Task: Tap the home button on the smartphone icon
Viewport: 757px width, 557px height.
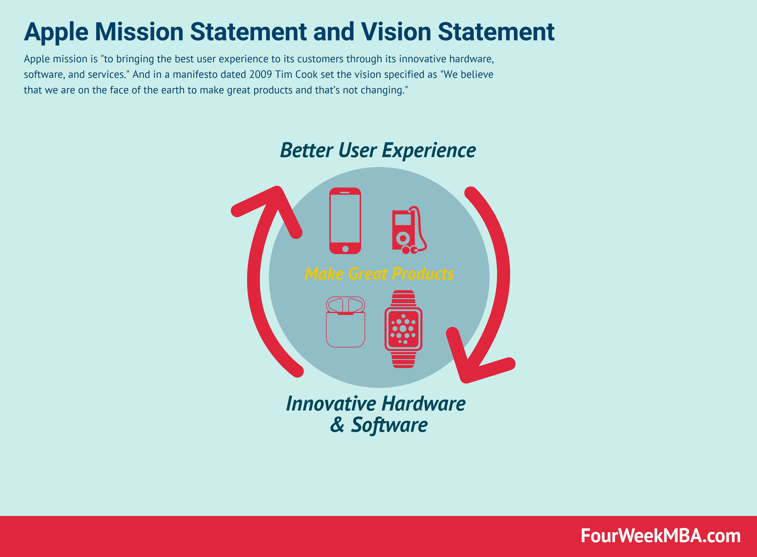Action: [345, 249]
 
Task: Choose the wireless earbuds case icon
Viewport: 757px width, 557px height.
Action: [345, 322]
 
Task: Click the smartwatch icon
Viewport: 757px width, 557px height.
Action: [403, 329]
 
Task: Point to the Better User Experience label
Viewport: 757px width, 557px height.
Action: [378, 150]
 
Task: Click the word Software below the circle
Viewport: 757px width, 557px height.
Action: [389, 425]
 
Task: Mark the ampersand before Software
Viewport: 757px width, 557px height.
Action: [337, 425]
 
